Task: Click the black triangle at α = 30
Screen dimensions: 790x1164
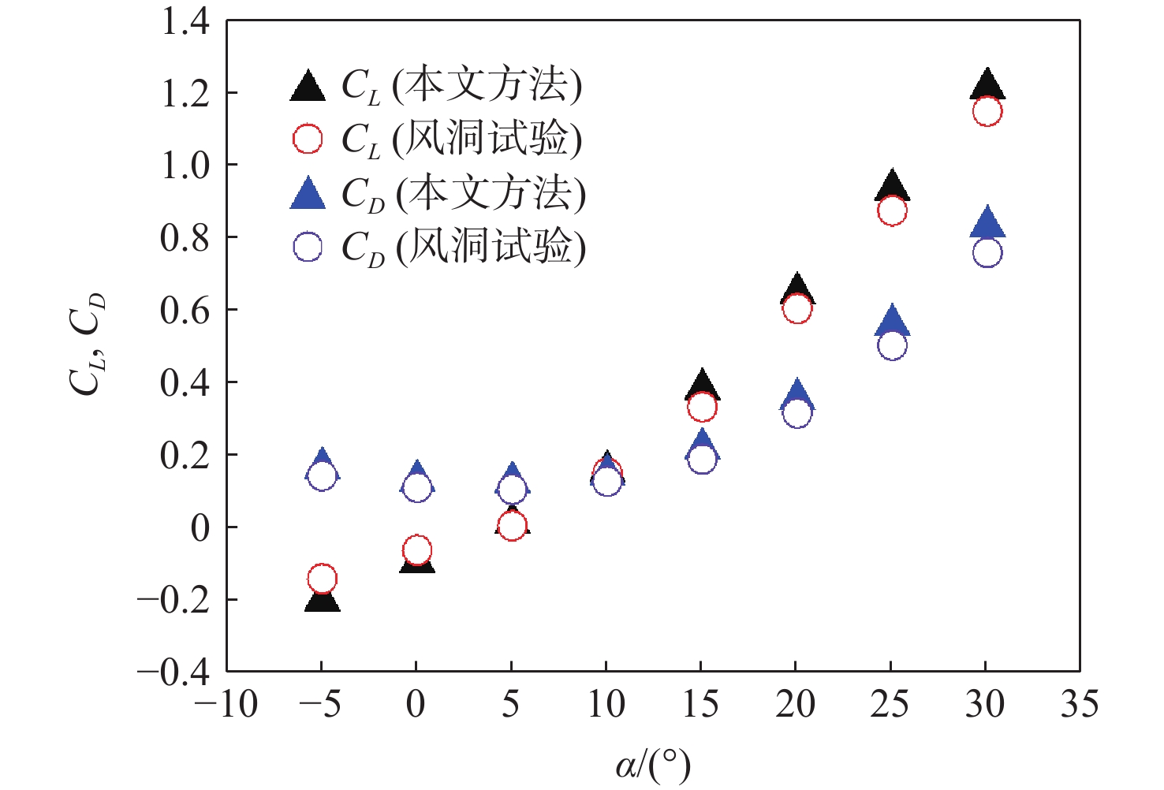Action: (987, 85)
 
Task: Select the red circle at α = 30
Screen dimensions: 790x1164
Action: (987, 111)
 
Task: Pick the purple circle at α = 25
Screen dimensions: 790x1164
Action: (892, 345)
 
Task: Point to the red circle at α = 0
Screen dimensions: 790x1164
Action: (417, 550)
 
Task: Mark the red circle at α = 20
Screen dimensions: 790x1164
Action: (797, 308)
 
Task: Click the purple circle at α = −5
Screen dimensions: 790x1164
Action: (322, 475)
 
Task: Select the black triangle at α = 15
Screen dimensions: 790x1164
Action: (702, 385)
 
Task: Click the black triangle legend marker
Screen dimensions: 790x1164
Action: (308, 86)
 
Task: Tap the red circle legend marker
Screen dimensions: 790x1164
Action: (308, 139)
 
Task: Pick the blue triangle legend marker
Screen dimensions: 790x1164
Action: (308, 194)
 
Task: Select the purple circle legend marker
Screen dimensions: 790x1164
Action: (308, 247)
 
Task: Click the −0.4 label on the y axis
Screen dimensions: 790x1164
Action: (174, 671)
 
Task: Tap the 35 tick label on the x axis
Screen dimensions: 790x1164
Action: (1079, 704)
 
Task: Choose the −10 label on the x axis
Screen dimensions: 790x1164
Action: (226, 704)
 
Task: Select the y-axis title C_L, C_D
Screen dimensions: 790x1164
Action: (87, 344)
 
